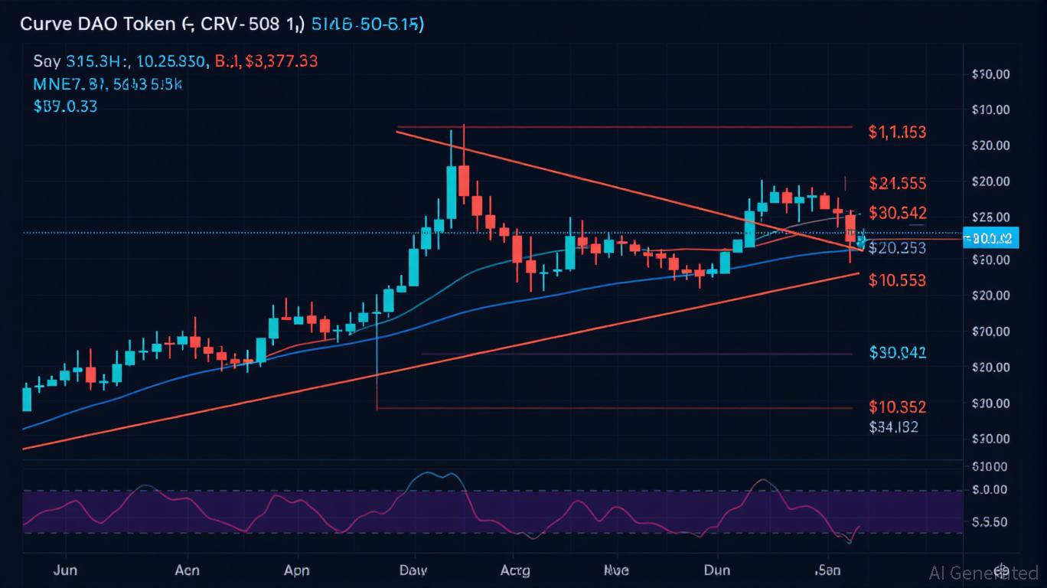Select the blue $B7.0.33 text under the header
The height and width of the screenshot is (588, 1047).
[65, 106]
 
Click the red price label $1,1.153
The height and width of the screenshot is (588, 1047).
[897, 132]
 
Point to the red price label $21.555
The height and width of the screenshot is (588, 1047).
[898, 184]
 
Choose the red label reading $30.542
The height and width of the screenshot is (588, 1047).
[898, 213]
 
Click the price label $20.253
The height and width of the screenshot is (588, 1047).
[898, 248]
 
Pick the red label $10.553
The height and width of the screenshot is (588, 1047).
[897, 281]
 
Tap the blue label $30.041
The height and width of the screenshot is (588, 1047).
[898, 353]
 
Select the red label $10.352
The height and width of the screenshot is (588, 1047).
[897, 407]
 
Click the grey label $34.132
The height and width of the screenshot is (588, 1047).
[893, 428]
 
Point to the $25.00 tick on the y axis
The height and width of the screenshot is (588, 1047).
[990, 217]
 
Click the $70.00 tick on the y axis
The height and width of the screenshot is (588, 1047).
[990, 332]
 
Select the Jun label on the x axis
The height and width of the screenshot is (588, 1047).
[66, 570]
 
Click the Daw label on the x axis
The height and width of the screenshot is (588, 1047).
[414, 570]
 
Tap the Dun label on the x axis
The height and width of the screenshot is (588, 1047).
[717, 570]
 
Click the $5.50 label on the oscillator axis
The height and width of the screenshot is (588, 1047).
[990, 522]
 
